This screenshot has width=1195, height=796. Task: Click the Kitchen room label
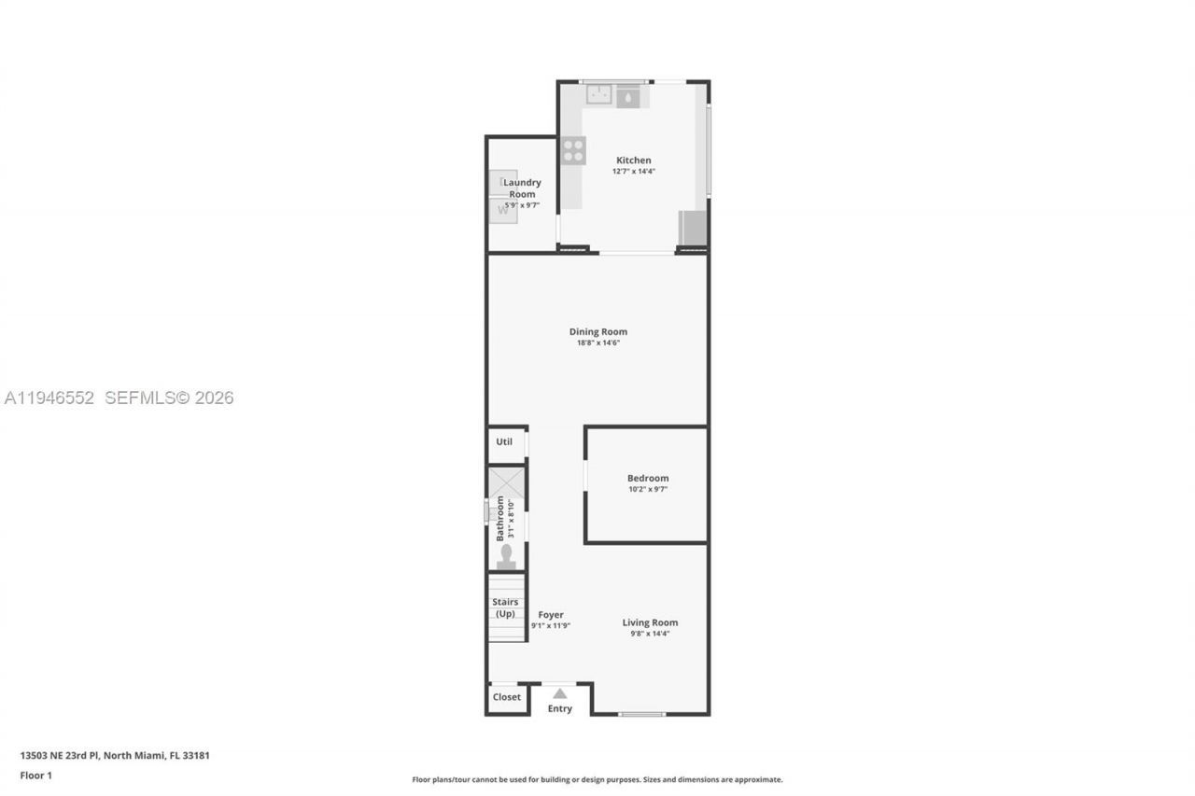click(633, 161)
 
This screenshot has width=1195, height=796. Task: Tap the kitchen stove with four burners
click(573, 150)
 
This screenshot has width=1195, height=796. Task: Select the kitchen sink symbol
click(598, 93)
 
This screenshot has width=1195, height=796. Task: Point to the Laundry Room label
click(522, 188)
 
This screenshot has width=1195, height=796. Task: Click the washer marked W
click(504, 210)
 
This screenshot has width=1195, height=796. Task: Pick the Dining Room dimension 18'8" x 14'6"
click(597, 342)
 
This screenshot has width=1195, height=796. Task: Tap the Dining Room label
click(597, 331)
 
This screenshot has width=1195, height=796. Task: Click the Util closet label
click(504, 441)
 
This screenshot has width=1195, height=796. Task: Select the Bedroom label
click(647, 478)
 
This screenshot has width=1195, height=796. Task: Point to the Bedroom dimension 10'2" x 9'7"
click(647, 489)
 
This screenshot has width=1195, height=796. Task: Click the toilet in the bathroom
click(506, 556)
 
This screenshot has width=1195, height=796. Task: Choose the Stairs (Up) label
click(505, 607)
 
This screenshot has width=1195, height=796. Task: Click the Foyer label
click(551, 615)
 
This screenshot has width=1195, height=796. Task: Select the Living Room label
click(650, 622)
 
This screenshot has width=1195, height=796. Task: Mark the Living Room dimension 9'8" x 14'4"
click(650, 634)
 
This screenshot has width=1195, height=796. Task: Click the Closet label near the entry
click(507, 697)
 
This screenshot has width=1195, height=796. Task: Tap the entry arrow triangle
click(559, 693)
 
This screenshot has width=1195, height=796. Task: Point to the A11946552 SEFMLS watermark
click(119, 398)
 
